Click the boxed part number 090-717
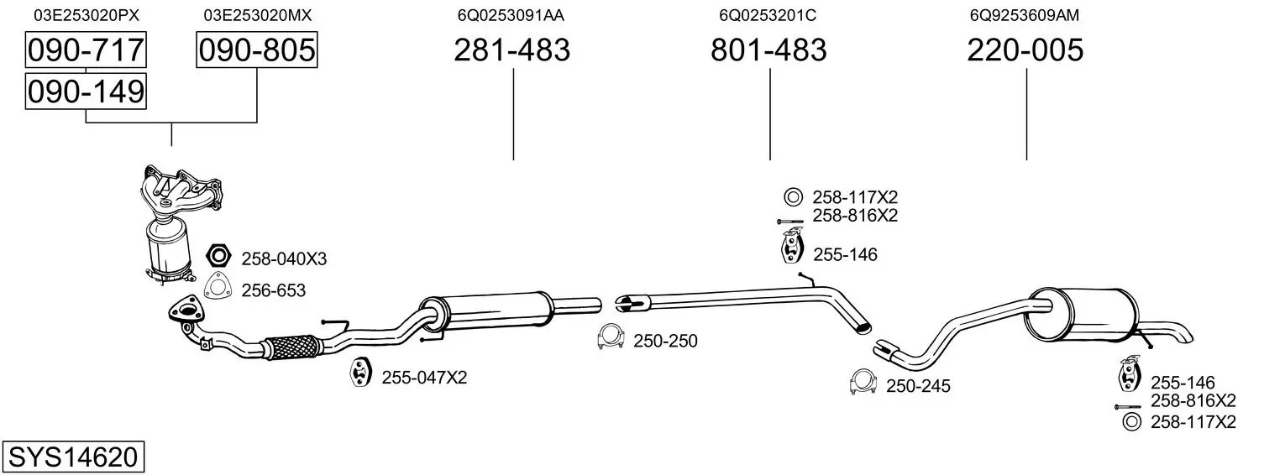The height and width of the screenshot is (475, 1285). pyautogui.click(x=86, y=50)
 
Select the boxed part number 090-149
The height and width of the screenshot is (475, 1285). pyautogui.click(x=86, y=91)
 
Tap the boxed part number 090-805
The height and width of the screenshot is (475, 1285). pyautogui.click(x=257, y=50)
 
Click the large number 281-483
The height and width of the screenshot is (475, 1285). pyautogui.click(x=512, y=50)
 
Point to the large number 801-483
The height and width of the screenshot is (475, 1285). pyautogui.click(x=768, y=50)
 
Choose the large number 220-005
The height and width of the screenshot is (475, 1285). pyautogui.click(x=1025, y=50)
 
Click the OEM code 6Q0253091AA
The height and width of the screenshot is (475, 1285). pyautogui.click(x=511, y=15)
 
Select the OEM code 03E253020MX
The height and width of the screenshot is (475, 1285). pyautogui.click(x=257, y=15)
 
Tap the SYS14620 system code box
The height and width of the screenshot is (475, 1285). pyautogui.click(x=73, y=457)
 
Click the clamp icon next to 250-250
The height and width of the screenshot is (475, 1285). pyautogui.click(x=610, y=337)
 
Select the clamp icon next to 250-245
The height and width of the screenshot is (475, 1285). pyautogui.click(x=863, y=382)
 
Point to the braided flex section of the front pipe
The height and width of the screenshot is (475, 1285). pyautogui.click(x=291, y=346)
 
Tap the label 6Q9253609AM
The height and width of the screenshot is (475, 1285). pyautogui.click(x=1024, y=15)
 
